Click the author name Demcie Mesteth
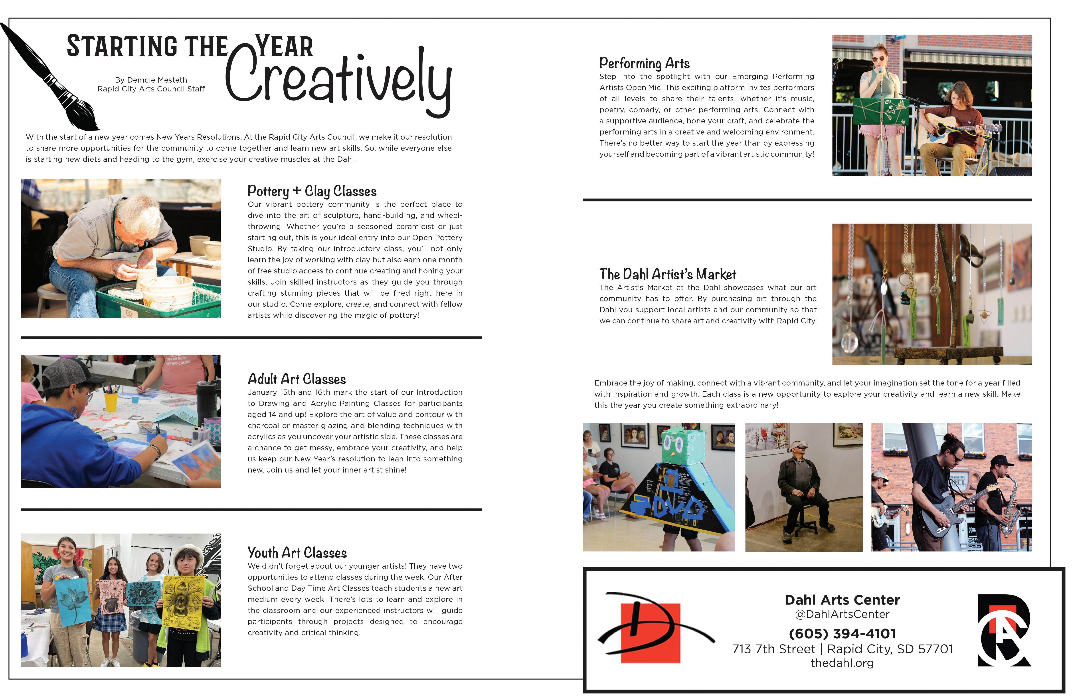[151, 80]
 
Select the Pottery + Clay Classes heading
[312, 191]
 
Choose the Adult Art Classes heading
[296, 379]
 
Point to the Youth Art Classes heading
[297, 553]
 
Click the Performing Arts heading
[644, 63]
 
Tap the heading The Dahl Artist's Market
[668, 274]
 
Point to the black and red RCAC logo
[1004, 631]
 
